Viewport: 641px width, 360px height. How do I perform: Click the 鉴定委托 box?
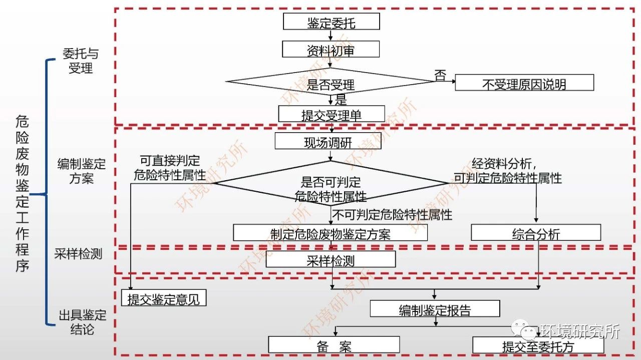[331, 22]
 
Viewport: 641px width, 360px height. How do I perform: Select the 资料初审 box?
[331, 50]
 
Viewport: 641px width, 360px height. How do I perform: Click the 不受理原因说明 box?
[524, 83]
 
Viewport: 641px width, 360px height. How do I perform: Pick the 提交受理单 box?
[331, 114]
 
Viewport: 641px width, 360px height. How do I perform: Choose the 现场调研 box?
[328, 142]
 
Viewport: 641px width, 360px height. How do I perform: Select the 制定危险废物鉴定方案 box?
[330, 233]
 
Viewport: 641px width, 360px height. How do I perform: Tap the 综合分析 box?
[536, 233]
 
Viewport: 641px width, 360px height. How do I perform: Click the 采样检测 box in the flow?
[331, 259]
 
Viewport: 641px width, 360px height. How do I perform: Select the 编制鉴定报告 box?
[435, 309]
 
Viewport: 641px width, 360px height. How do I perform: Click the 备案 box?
[334, 345]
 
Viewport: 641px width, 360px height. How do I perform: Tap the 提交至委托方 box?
[538, 345]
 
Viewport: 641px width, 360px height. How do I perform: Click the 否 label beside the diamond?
[440, 76]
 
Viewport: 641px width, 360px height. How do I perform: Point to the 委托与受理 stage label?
[81, 61]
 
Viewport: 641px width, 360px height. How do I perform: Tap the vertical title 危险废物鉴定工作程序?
[23, 193]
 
